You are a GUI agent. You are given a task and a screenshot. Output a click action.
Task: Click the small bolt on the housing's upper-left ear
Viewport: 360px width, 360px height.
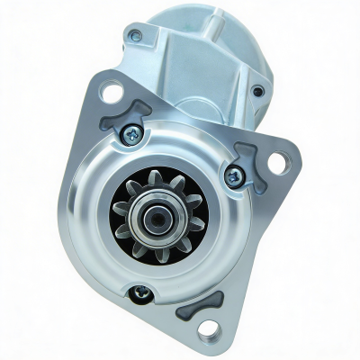coord(135,36)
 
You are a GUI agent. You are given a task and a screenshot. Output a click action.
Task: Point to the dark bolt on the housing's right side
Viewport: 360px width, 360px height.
coord(258,90)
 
